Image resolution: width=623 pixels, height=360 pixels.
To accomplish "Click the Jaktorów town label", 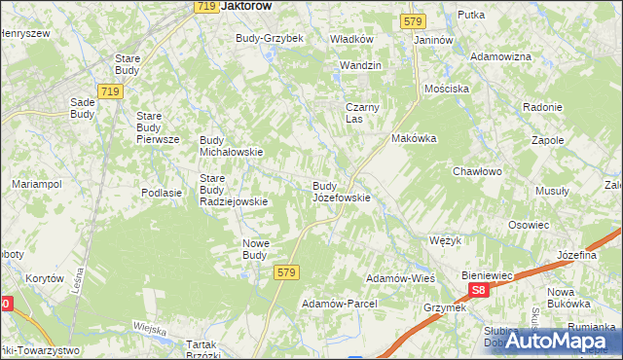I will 245,6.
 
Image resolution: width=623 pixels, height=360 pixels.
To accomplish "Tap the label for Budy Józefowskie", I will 341,191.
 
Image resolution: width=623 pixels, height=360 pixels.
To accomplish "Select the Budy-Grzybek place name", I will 270,38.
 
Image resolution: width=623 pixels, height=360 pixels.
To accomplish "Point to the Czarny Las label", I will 361,113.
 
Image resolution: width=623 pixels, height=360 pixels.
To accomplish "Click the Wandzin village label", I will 359,65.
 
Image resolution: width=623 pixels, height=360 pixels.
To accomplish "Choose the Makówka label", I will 414,138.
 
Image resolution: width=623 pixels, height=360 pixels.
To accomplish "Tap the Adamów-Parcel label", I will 339,304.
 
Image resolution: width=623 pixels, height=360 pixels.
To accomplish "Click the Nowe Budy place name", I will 254,249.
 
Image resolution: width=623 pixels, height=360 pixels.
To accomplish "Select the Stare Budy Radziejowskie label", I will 233,190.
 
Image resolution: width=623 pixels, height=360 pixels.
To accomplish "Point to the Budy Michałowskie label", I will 232,146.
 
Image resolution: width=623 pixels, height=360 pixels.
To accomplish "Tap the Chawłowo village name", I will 477,171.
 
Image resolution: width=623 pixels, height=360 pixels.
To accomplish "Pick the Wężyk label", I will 445,239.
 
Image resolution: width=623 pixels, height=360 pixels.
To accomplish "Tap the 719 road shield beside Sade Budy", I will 110,91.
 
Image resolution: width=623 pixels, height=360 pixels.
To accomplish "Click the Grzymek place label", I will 445,307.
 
